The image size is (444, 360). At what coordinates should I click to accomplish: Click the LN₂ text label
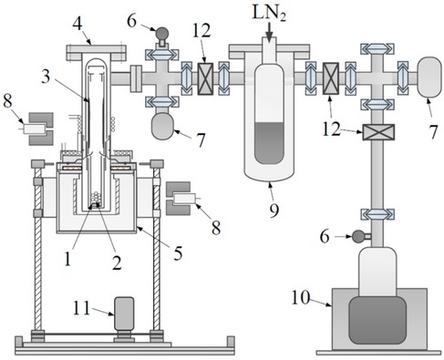[269, 13]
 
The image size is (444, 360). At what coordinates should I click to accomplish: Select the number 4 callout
[77, 23]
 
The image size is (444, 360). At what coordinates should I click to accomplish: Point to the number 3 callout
[46, 77]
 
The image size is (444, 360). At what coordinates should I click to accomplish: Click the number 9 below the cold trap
[274, 209]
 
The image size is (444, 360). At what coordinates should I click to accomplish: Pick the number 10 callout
[301, 297]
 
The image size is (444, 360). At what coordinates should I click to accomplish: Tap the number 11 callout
[81, 308]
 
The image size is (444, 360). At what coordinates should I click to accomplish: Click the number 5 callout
[178, 252]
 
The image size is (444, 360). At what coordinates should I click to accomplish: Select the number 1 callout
[67, 259]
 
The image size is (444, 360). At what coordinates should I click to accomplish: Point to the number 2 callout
[117, 262]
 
